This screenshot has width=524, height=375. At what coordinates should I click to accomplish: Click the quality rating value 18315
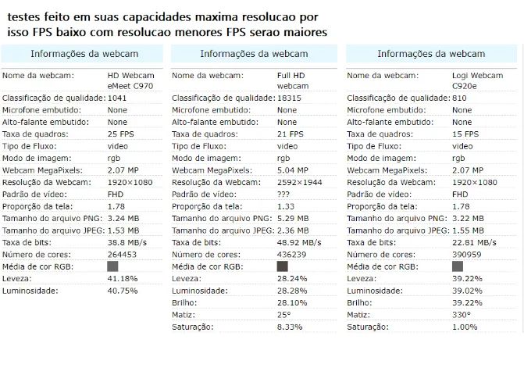[x=289, y=98]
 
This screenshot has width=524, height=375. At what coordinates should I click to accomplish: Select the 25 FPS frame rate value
[x=120, y=134]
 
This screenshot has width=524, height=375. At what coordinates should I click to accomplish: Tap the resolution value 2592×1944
[x=299, y=182]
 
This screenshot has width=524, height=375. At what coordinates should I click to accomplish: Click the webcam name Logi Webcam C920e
[x=478, y=80]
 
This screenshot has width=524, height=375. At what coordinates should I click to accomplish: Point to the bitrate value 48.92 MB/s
[x=299, y=242]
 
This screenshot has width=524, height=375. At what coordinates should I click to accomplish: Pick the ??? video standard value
[x=283, y=195]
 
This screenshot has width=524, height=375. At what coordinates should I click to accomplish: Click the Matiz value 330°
[x=462, y=315]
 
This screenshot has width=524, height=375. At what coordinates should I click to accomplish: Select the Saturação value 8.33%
[x=290, y=327]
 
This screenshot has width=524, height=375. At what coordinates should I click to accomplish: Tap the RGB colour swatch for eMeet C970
[x=112, y=266]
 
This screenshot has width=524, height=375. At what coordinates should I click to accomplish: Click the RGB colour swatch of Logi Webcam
[x=458, y=266]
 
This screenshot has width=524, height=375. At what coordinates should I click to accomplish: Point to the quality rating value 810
[x=459, y=98]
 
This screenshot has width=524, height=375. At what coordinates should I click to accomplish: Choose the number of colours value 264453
[x=122, y=255]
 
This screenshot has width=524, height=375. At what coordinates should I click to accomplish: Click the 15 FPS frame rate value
[x=465, y=134]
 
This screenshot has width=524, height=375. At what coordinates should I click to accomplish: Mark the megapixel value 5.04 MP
[x=292, y=170]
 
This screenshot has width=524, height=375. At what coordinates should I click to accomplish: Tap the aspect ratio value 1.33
[x=286, y=206]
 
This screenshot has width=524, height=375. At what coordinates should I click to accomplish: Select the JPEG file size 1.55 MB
[x=468, y=230]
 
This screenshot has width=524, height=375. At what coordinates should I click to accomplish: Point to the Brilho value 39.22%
[x=467, y=302]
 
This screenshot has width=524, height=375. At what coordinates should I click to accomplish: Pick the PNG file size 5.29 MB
[x=293, y=218]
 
